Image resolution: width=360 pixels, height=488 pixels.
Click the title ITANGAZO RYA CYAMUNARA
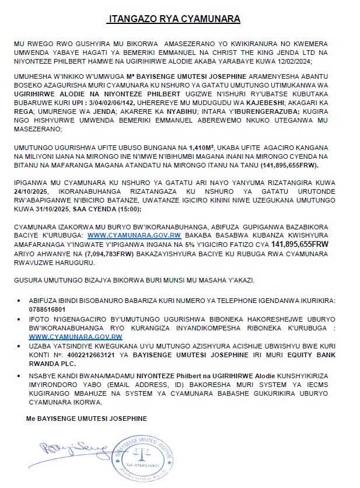(174, 19)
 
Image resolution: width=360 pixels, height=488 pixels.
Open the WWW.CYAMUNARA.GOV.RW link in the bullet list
(75, 337)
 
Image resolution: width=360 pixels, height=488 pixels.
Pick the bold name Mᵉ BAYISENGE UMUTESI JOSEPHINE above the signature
(86, 419)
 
